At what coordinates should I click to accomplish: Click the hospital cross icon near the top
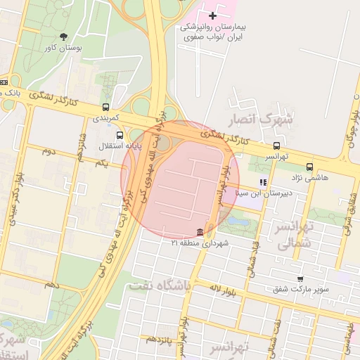click(x=213, y=15)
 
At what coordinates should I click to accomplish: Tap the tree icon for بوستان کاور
click(x=64, y=37)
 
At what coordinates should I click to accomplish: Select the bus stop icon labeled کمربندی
click(x=105, y=108)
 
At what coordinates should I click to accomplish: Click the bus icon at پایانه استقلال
click(x=120, y=135)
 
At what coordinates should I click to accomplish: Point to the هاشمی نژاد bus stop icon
click(x=310, y=167)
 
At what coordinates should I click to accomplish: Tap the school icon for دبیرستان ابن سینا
click(x=263, y=182)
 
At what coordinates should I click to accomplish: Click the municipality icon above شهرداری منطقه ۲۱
click(x=201, y=232)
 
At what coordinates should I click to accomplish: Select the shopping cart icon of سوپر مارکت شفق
click(x=300, y=279)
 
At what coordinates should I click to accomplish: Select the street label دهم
click(x=51, y=285)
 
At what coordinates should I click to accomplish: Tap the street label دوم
click(x=49, y=150)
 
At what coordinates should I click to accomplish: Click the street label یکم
click(x=101, y=163)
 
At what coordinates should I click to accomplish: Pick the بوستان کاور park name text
click(x=63, y=49)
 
